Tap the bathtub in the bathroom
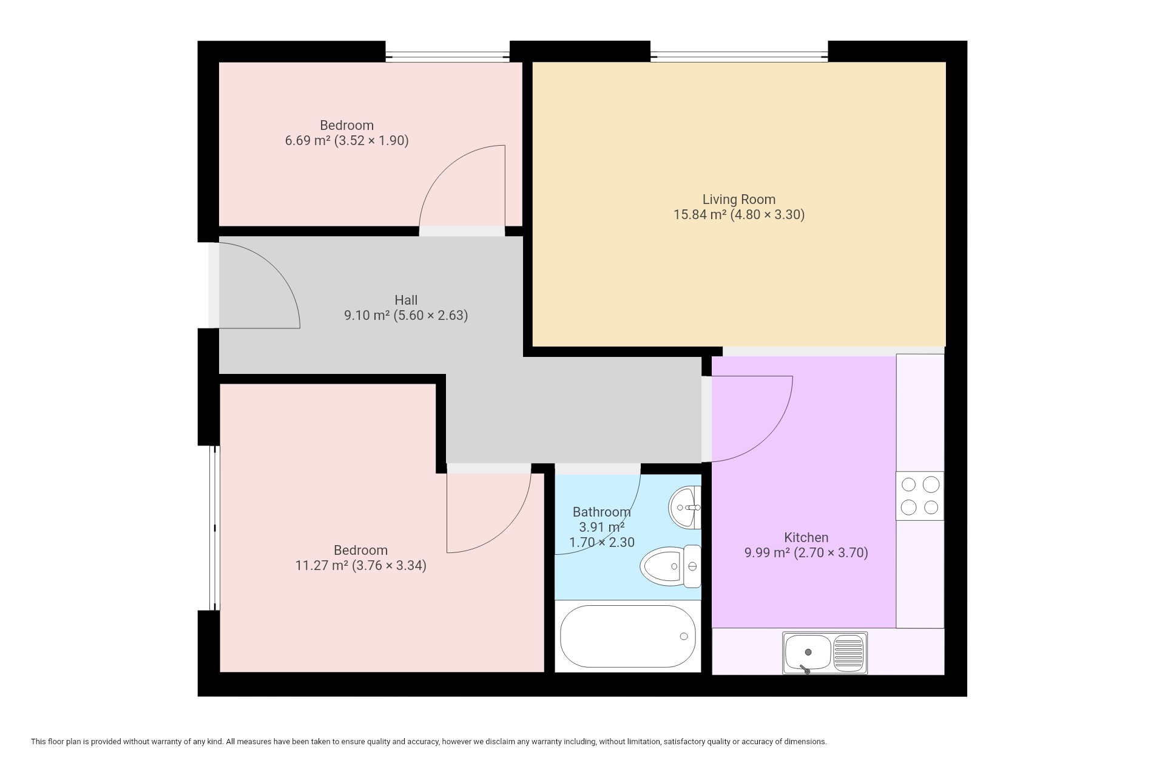[x=627, y=636]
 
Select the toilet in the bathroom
[x=670, y=566]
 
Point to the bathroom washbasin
[x=685, y=507]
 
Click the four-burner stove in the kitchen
[x=920, y=496]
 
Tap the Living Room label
[x=739, y=199]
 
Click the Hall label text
[x=406, y=300]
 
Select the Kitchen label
[x=806, y=537]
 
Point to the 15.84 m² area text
[x=700, y=214]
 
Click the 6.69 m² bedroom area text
[x=308, y=140]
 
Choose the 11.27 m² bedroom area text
[x=322, y=565]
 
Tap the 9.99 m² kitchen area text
[x=767, y=552]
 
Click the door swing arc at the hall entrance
[x=277, y=268]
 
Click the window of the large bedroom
[x=214, y=528]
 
